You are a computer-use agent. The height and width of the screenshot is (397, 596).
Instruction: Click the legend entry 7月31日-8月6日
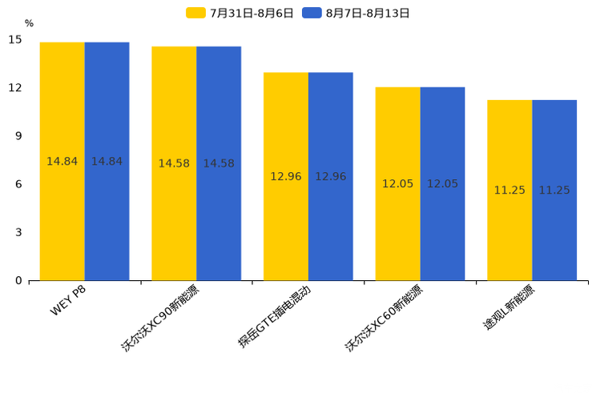[240, 13]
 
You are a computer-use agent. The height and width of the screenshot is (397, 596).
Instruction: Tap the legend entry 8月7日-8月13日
[356, 13]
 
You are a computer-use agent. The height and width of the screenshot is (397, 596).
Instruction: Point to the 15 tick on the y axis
[15, 39]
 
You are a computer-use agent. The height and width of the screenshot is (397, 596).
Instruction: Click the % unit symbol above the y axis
[29, 24]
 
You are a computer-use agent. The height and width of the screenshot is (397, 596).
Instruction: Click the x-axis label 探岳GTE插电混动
[274, 317]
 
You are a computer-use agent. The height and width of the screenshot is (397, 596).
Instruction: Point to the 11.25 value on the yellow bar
[509, 190]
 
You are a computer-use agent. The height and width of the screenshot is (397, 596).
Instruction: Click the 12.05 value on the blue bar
[442, 184]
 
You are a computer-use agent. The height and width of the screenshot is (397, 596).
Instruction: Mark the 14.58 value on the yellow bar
[174, 163]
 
